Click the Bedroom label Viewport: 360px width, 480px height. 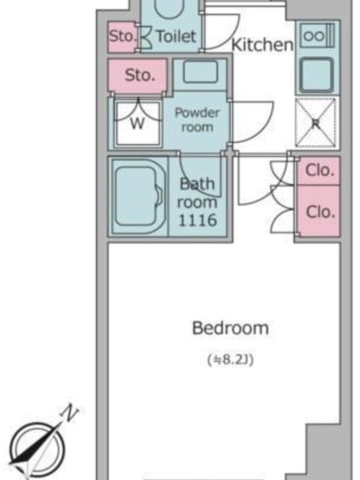click(x=230, y=328)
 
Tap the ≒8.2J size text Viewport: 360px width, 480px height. click(x=230, y=359)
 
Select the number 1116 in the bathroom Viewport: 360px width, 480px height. click(x=197, y=220)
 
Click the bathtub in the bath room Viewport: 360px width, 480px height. click(x=139, y=196)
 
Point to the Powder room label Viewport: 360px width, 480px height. click(x=197, y=119)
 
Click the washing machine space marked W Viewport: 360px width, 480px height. click(x=138, y=123)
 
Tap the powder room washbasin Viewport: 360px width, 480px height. click(x=201, y=71)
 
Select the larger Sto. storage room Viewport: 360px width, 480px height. click(x=138, y=76)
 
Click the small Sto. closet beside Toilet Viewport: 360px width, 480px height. click(x=122, y=37)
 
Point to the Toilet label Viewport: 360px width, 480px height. click(x=176, y=36)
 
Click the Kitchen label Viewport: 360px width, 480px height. click(x=262, y=44)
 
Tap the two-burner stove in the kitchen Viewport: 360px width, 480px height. click(x=317, y=36)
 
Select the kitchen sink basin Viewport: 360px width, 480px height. click(x=317, y=74)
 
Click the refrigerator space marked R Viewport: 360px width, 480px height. click(x=316, y=123)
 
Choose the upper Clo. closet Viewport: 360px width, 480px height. click(x=319, y=170)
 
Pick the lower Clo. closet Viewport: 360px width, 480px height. click(x=319, y=211)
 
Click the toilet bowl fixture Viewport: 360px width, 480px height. click(x=169, y=9)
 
